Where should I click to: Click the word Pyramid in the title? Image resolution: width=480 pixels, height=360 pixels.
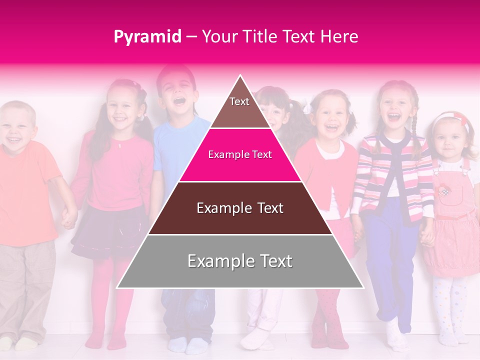[147, 37]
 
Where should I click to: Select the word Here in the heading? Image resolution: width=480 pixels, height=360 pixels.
[340, 37]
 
